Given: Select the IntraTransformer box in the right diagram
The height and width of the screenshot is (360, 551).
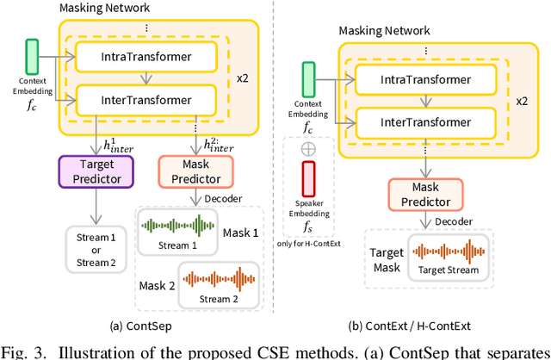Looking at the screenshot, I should [x=425, y=79].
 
